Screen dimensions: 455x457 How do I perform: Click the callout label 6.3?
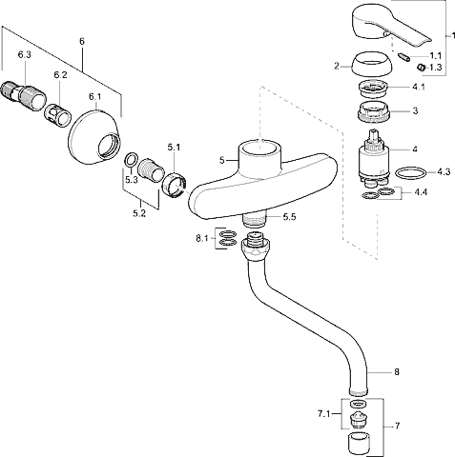pos(24,55)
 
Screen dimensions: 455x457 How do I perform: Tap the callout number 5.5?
pos(289,217)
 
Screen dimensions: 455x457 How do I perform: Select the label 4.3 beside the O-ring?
pos(444,171)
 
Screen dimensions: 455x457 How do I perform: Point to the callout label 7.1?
pos(323,414)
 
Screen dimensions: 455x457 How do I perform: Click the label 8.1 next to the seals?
pos(201,238)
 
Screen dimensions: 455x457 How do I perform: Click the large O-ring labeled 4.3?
pos(411,173)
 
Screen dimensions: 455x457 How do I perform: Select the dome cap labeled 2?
pos(372,64)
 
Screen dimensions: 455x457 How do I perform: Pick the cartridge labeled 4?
pos(373,158)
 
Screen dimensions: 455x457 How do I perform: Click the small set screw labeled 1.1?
pos(403,58)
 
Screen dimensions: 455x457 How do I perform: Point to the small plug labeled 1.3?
pos(422,68)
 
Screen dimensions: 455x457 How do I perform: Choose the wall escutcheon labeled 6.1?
pos(94,137)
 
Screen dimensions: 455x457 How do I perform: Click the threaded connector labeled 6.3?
pos(23,95)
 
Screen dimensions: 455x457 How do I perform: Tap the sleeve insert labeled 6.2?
pos(57,116)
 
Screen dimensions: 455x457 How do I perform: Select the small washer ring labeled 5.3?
pos(131,160)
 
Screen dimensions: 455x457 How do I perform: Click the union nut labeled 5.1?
pos(175,186)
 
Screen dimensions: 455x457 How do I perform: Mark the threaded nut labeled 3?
pos(373,112)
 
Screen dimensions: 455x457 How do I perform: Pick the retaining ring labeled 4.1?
pos(373,89)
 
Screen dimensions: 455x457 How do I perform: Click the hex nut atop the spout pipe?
pos(256,247)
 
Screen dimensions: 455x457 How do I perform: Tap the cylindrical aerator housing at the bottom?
pos(360,443)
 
